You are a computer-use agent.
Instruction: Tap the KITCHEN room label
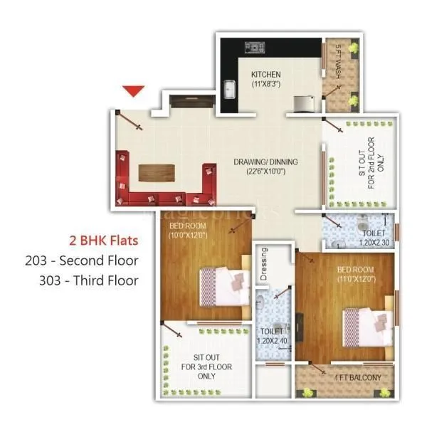pos(266,74)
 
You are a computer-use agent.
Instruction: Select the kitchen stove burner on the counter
pos(253,48)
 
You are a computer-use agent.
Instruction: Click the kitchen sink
pos(231,90)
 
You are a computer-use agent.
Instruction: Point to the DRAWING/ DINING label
pos(265,162)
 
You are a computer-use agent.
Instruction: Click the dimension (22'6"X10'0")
pos(265,172)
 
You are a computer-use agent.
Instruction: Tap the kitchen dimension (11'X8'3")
pos(266,85)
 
